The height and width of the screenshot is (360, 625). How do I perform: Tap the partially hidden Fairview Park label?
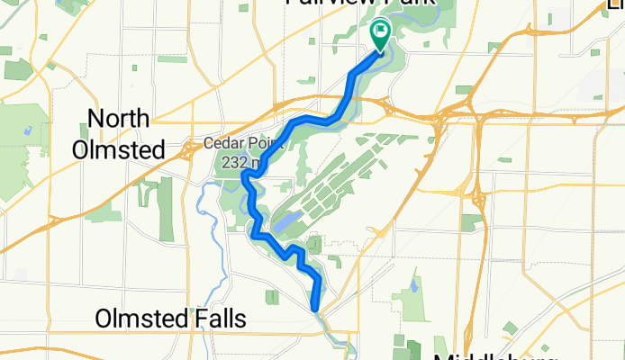click(360, 3)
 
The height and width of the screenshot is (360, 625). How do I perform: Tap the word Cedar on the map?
click(221, 142)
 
